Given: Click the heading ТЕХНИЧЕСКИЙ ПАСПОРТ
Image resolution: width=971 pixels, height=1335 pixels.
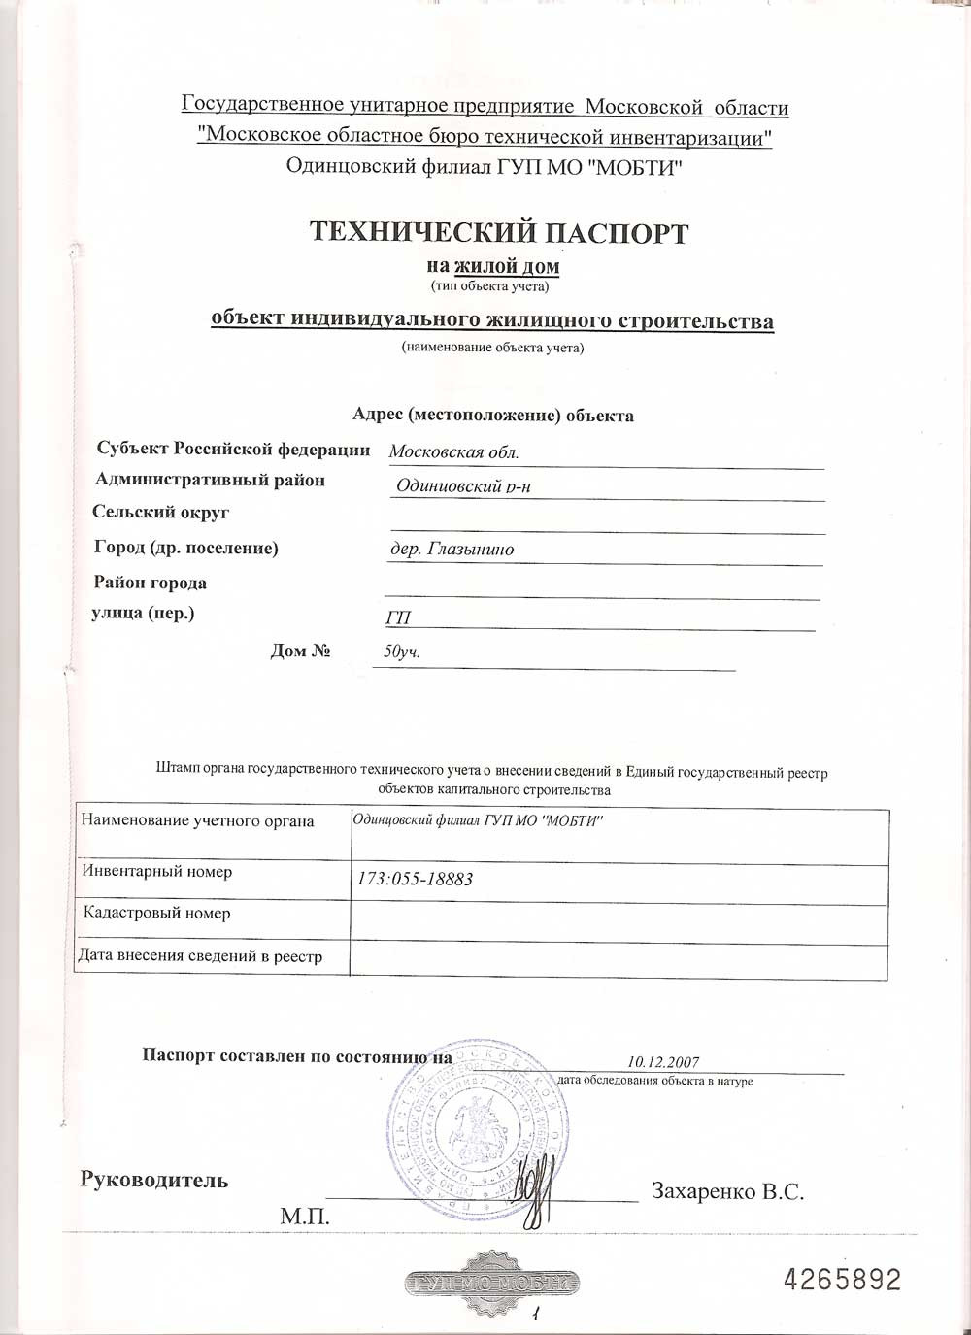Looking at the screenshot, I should coord(498,233).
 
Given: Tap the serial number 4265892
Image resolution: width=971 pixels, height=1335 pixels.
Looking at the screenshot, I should coord(842,1280).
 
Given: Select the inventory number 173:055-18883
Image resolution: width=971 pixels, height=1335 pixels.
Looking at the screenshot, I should coord(415,880).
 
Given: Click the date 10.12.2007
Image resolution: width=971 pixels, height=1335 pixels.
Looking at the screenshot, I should coord(663,1062).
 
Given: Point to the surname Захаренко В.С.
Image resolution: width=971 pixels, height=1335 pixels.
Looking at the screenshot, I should coord(728,1190).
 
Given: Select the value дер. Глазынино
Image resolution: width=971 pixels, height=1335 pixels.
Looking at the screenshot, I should coord(452,550).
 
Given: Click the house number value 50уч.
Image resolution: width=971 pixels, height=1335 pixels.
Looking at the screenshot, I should coord(402,651).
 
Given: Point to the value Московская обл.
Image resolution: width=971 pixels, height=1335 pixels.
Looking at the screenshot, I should coord(453,451).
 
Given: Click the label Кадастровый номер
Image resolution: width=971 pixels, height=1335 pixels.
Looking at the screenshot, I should coord(157,914).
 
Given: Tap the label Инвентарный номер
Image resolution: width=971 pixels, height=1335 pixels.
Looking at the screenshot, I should coord(157,872).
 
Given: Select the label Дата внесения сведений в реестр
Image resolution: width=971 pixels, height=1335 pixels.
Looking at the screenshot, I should coord(200,956).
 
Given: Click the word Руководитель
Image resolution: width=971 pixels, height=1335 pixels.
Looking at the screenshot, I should coord(154,1181).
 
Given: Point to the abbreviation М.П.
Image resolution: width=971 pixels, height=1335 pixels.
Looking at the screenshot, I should coord(305,1216).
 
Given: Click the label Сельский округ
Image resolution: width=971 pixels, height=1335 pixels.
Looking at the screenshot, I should coord(160,513).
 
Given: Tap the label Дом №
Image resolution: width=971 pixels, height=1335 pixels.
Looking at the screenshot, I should coord(301,651).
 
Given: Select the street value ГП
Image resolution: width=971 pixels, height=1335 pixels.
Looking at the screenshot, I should coord(398,618).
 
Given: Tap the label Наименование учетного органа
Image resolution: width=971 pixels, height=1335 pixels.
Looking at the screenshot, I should coord(197,821).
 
